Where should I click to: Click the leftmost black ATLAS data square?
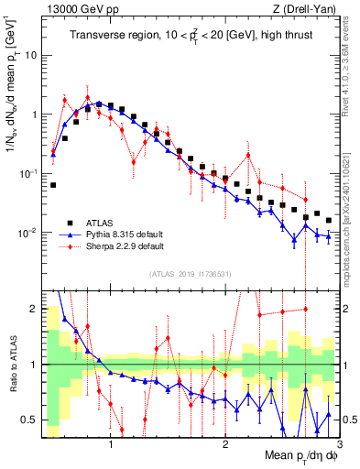coord(53,185)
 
